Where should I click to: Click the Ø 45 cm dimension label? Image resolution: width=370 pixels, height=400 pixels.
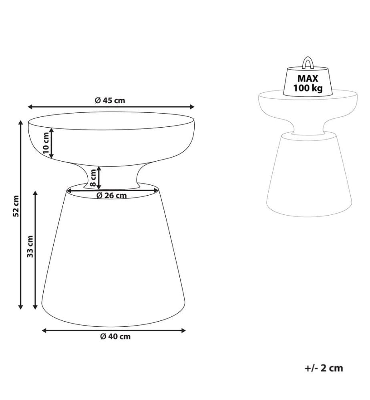[110, 100]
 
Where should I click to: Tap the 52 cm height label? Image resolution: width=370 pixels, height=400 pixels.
[16, 206]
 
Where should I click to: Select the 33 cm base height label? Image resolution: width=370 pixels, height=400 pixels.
[30, 246]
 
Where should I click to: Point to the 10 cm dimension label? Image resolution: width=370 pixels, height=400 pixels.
[46, 143]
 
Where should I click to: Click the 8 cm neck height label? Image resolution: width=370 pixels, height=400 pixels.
[93, 178]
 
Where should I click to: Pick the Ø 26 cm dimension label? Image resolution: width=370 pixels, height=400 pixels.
[112, 196]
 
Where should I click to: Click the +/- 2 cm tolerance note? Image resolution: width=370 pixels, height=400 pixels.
[324, 368]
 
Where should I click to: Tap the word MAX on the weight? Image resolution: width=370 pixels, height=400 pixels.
[308, 78]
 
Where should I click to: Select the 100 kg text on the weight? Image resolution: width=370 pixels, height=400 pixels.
[308, 88]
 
